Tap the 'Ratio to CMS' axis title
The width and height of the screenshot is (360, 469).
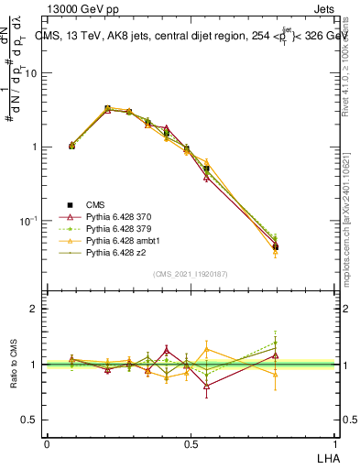pos(14,365)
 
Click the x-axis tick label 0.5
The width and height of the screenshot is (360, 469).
pos(191,444)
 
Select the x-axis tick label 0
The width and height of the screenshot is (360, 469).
pos(47,444)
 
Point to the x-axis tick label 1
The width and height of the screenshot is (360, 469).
pos(334,444)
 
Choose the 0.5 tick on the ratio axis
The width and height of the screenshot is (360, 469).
pos(30,420)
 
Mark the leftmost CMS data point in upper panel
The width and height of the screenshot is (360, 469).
pos(72,146)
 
